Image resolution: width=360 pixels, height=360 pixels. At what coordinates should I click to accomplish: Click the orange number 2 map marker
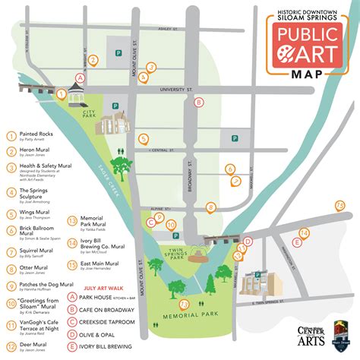(x=93, y=60)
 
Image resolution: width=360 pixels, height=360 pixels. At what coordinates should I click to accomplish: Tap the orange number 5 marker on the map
(x=143, y=138)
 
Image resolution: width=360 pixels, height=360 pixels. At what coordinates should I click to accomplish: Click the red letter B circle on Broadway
(x=198, y=102)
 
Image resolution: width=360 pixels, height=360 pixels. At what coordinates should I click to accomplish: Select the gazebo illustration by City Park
(x=74, y=97)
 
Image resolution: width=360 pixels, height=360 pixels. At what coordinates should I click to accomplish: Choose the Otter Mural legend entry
(x=30, y=247)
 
